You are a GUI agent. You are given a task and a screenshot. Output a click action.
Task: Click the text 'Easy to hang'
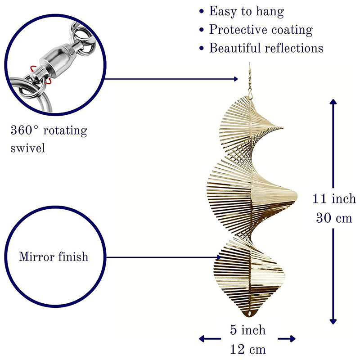click(247, 11)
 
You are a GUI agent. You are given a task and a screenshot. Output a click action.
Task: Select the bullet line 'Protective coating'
click(261, 30)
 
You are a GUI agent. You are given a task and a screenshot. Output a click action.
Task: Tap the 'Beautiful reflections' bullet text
click(266, 48)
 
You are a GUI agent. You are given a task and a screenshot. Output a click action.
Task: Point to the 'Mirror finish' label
click(54, 257)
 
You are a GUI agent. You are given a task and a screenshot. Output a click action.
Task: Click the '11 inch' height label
click(334, 198)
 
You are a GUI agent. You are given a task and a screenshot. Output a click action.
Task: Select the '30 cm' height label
click(334, 218)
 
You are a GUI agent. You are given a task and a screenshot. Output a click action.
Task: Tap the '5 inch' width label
click(247, 330)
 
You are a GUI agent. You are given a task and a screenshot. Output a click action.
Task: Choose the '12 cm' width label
click(247, 349)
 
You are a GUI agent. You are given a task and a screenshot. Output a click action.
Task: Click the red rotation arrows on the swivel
click(33, 75)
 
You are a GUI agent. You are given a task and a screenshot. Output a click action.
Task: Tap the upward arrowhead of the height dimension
click(333, 103)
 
